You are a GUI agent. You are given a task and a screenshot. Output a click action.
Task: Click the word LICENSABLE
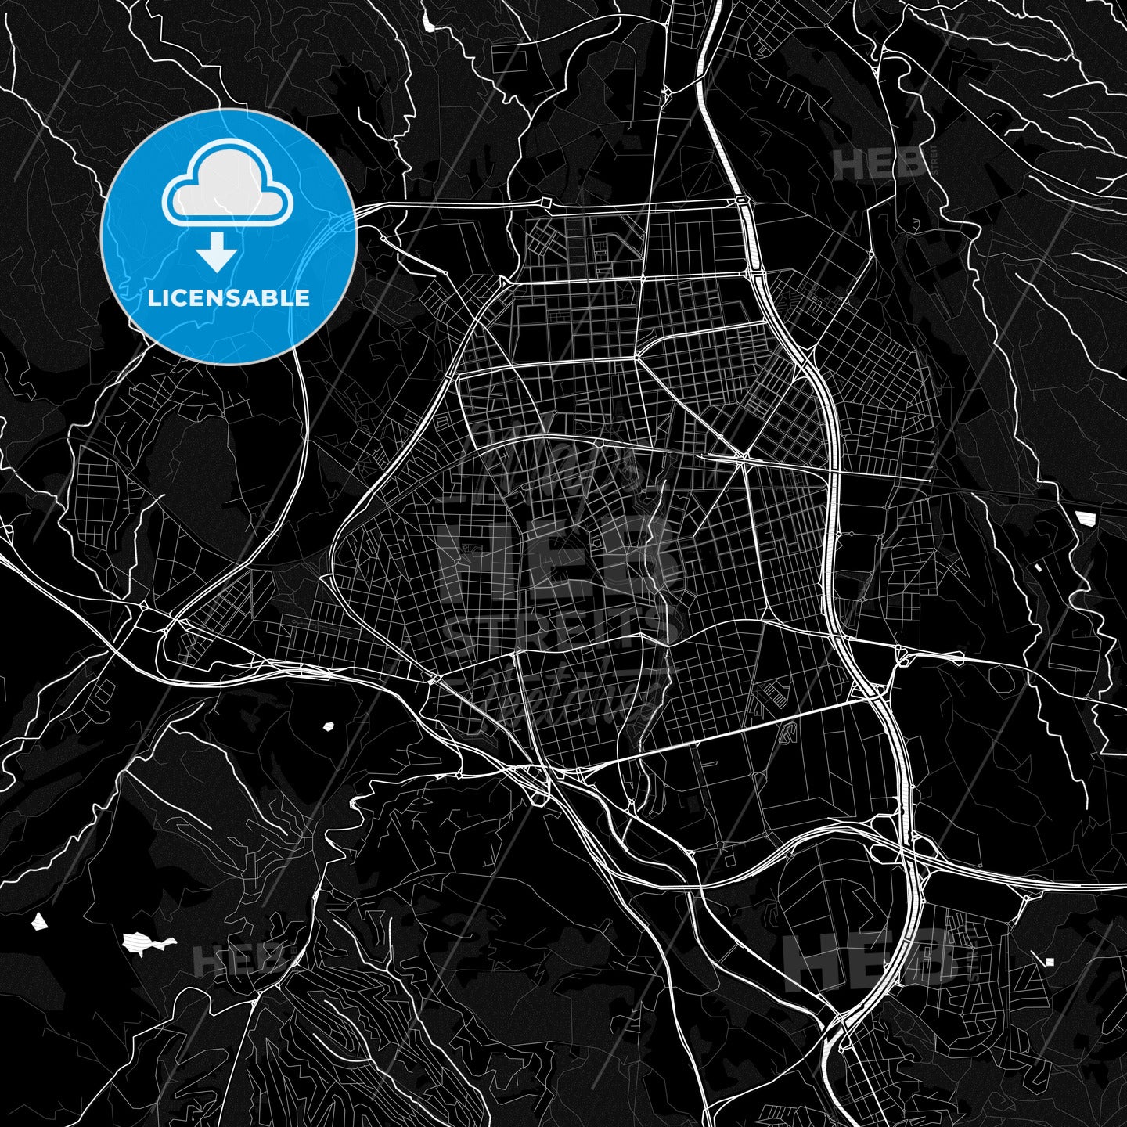tap(229, 297)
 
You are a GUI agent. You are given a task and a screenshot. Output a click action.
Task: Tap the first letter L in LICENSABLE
tap(153, 297)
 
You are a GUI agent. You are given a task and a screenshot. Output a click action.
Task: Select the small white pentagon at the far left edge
tap(38, 921)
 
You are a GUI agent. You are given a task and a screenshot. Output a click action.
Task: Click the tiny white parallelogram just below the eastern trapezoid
tap(1039, 567)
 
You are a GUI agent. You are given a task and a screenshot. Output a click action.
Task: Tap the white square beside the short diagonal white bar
tap(1048, 961)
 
